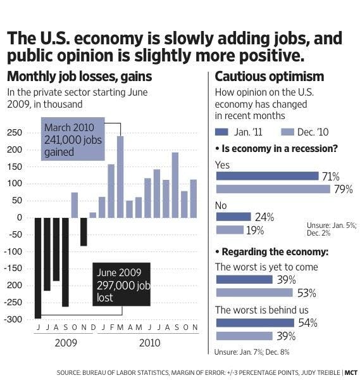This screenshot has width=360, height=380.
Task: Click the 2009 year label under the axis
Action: pos(65,343)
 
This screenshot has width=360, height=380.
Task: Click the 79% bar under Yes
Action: pos(273,189)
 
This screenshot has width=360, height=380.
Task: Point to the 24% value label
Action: pos(264,217)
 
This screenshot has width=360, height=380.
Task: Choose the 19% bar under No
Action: pos(230,229)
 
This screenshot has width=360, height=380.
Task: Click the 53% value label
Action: pos(306,293)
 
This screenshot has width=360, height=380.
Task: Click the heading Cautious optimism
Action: pos(270,77)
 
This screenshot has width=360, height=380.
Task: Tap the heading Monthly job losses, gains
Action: pos(79,77)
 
